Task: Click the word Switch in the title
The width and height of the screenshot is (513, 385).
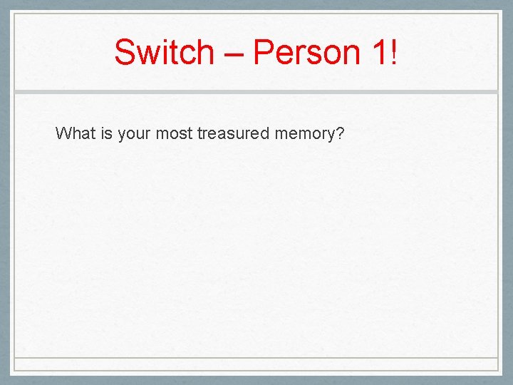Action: tap(164, 53)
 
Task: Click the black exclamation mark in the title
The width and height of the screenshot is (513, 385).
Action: tap(393, 53)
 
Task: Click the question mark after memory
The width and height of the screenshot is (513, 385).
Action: tap(339, 133)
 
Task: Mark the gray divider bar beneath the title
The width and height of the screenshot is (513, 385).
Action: tap(256, 92)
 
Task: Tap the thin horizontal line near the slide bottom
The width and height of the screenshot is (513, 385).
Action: tap(256, 357)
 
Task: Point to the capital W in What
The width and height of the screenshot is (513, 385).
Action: tap(63, 133)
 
